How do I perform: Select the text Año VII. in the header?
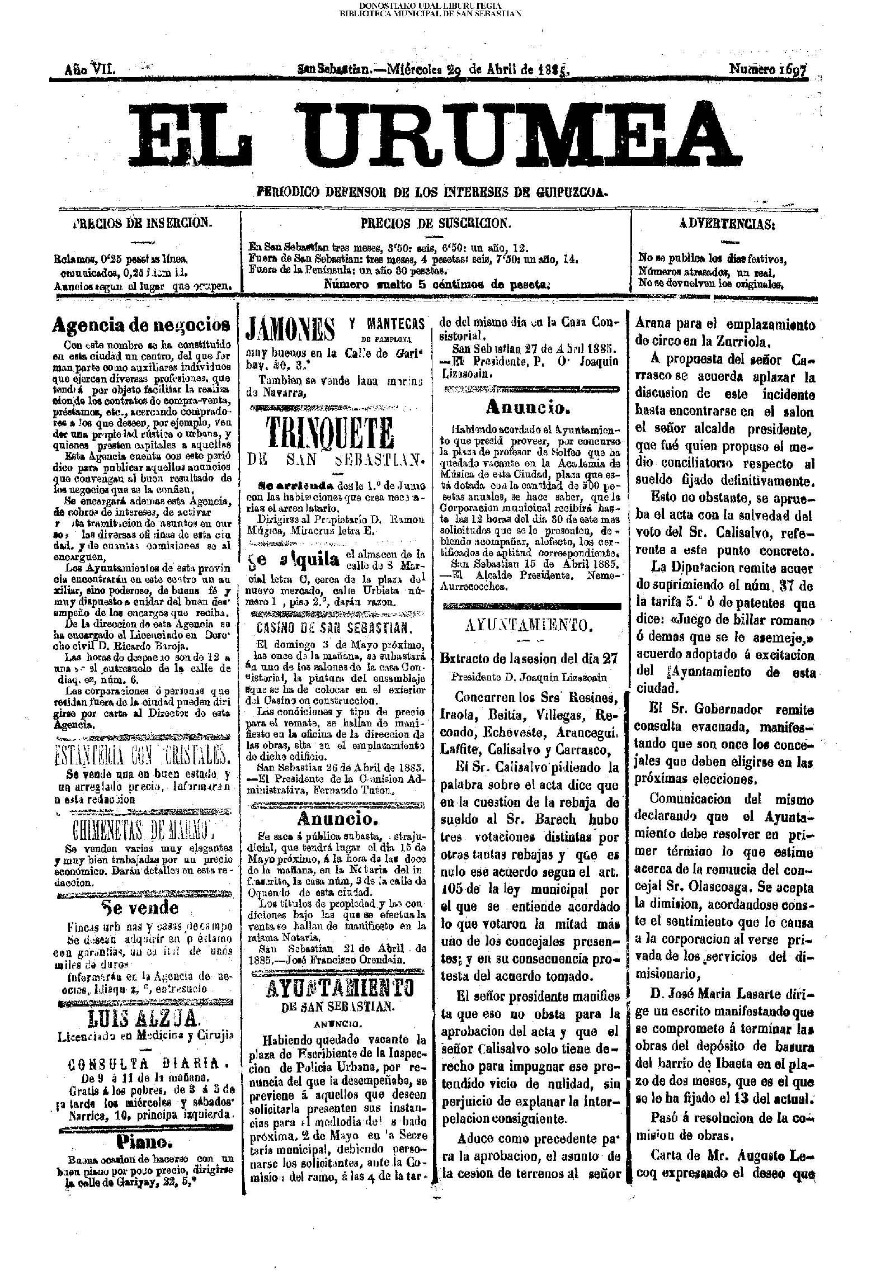point(90,69)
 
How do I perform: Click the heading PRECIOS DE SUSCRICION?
point(436,224)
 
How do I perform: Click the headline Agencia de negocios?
point(141,324)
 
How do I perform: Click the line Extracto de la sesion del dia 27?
point(529,658)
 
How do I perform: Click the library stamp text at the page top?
point(431,9)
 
